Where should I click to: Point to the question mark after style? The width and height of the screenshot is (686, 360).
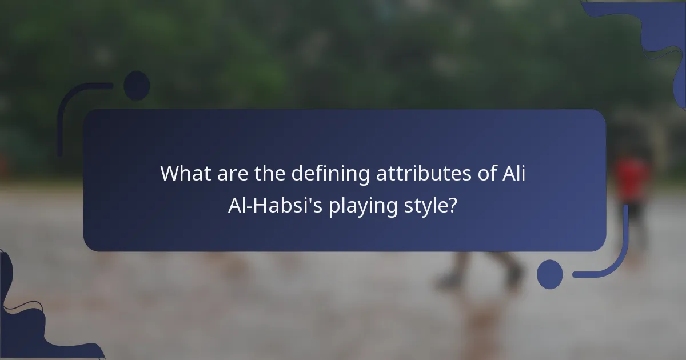click(452, 205)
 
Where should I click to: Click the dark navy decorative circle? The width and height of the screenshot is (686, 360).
click(137, 86)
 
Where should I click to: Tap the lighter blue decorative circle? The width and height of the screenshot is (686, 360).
click(549, 274)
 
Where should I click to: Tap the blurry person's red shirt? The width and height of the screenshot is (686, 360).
click(632, 177)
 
